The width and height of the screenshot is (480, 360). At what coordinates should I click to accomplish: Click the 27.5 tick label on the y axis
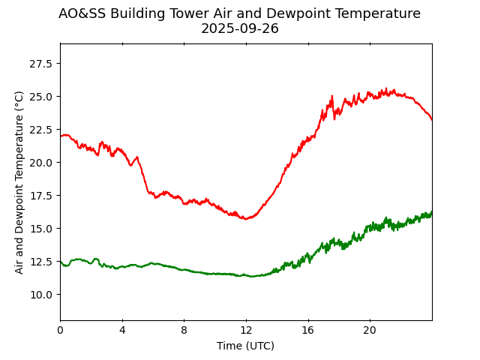pos(42,64)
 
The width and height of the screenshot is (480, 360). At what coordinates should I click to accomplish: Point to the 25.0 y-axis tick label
pos(42,97)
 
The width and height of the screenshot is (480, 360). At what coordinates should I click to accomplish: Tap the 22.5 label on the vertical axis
pos(42,130)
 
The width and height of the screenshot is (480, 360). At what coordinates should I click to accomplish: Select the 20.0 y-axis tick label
pos(42,163)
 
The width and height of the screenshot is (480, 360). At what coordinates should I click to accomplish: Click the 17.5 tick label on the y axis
pos(42,196)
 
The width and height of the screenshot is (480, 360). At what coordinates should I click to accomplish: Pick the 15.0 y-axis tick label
pos(42,229)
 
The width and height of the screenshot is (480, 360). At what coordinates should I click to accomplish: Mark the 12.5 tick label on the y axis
pos(42,262)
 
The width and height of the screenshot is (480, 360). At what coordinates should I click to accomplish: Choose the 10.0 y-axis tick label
pos(42,295)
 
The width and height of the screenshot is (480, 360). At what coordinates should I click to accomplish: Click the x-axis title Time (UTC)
pos(246,346)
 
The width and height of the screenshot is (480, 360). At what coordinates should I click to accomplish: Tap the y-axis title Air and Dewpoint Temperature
pos(20,182)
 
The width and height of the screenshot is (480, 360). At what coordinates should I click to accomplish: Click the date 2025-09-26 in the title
pos(239,29)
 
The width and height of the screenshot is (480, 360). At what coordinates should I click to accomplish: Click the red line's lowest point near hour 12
pos(245,218)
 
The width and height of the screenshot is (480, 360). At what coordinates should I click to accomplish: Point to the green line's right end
pos(431,212)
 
